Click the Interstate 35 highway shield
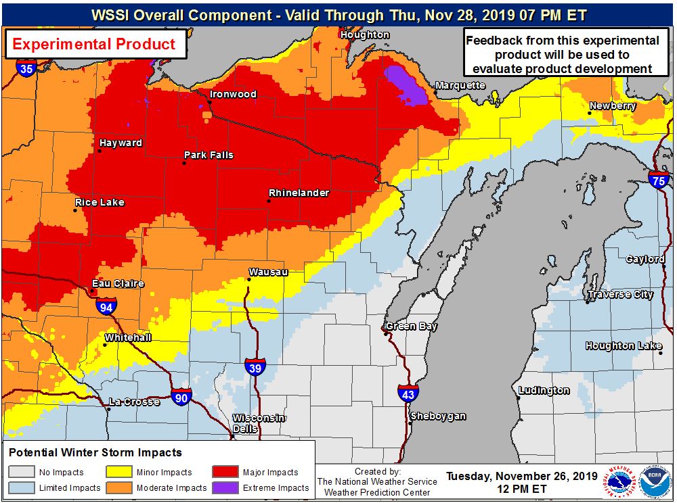click(x=26, y=68)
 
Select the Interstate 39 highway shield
click(x=255, y=366)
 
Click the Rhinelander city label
click(x=299, y=193)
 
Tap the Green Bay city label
click(x=411, y=327)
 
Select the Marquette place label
click(x=460, y=85)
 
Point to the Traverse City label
click(x=620, y=294)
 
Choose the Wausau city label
click(x=268, y=272)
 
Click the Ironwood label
click(x=233, y=94)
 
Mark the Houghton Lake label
click(x=624, y=345)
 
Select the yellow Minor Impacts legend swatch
click(x=118, y=473)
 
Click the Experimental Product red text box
click(x=95, y=45)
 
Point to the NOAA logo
click(x=654, y=483)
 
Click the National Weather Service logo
click(x=621, y=483)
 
